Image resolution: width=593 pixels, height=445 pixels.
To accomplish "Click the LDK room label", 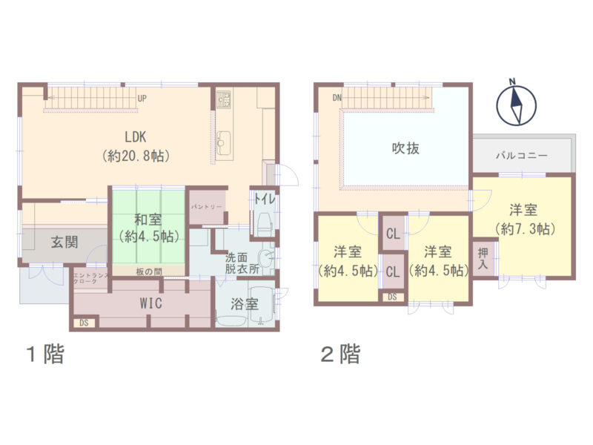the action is (x=136, y=146).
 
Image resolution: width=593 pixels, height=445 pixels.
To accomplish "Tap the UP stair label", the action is (x=142, y=99).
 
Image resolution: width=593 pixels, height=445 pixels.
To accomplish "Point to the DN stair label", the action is (x=337, y=98).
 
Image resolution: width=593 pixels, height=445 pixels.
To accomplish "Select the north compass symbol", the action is (x=516, y=103).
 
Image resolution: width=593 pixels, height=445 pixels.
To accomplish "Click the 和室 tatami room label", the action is (x=148, y=228).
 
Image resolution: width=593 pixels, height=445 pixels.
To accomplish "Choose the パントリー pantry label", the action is (x=206, y=207).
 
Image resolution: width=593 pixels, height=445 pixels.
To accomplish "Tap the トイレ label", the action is (x=265, y=199).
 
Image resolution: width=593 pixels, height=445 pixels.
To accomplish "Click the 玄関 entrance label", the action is (x=64, y=243).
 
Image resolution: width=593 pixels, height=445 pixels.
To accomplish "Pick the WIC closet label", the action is (x=151, y=303).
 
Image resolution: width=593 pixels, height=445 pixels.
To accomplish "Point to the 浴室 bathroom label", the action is (x=245, y=304).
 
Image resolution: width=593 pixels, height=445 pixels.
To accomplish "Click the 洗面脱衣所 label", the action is (x=242, y=263).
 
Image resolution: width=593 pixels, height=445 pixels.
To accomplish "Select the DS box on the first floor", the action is (x=84, y=323).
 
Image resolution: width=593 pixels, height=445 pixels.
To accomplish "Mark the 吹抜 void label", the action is (x=405, y=148).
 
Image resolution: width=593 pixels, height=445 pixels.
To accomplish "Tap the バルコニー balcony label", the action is (x=522, y=156).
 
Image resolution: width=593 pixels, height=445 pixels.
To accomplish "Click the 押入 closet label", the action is (x=483, y=259).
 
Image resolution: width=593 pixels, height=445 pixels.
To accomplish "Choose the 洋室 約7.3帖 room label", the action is (x=524, y=219).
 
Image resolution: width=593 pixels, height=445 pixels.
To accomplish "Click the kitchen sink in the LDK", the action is (x=225, y=143).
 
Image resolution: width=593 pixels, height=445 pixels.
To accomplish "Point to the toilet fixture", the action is (x=264, y=224).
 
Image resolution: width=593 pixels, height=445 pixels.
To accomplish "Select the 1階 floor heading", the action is (x=45, y=355).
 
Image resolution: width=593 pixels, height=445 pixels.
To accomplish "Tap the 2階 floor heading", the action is (x=341, y=355).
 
